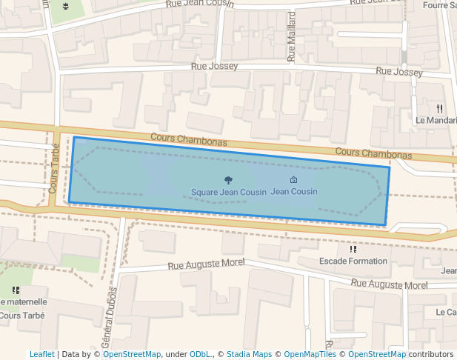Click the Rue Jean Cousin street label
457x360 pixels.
point(200,4)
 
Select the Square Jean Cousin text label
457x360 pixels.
point(228,192)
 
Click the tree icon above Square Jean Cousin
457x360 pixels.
point(227,180)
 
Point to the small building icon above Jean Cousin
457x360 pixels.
point(293,180)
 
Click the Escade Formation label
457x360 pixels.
point(353,261)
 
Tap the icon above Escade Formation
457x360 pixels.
point(353,249)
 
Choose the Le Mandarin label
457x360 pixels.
point(436,120)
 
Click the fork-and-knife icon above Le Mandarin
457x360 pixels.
point(440,107)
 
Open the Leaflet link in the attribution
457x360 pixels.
point(41,355)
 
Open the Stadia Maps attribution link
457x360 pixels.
point(249,355)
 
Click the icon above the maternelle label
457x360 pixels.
point(16,290)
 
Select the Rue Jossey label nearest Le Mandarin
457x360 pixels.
point(399,73)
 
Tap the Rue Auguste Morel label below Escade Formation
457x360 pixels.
point(390,284)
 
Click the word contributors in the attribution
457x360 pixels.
point(431,355)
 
